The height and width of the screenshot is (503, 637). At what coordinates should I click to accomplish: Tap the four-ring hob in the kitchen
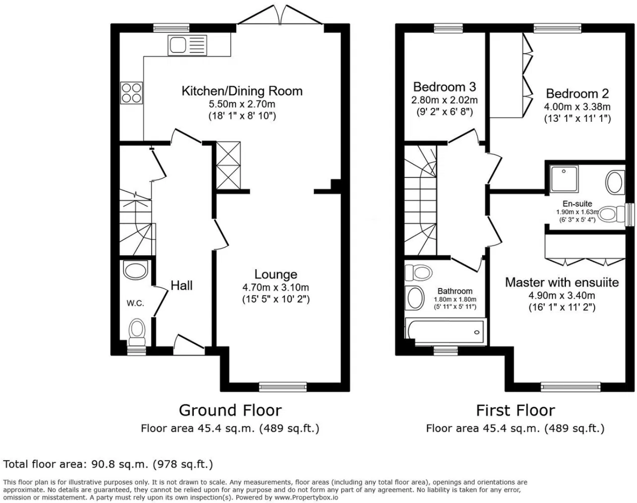132,92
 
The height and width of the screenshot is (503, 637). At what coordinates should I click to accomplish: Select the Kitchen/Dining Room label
242,91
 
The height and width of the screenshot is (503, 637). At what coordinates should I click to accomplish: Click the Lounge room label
275,274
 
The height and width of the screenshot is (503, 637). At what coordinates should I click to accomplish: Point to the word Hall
181,285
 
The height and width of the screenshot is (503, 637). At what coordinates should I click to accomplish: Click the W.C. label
135,304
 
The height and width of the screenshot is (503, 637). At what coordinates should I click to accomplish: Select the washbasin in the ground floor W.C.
135,270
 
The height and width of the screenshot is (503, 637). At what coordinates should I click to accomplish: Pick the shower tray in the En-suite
564,178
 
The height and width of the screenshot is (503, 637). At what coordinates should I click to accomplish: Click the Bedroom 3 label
445,87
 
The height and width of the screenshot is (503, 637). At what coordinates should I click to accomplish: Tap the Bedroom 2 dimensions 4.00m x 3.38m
577,106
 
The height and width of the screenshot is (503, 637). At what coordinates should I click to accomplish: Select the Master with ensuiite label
562,282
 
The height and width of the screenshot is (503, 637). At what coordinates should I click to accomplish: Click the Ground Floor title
230,410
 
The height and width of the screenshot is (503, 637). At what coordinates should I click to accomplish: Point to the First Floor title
515,410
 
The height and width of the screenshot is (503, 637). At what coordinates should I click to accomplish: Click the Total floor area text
108,463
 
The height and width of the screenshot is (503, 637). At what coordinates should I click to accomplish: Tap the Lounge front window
283,386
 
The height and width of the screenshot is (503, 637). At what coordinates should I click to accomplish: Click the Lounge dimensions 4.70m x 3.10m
275,287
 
